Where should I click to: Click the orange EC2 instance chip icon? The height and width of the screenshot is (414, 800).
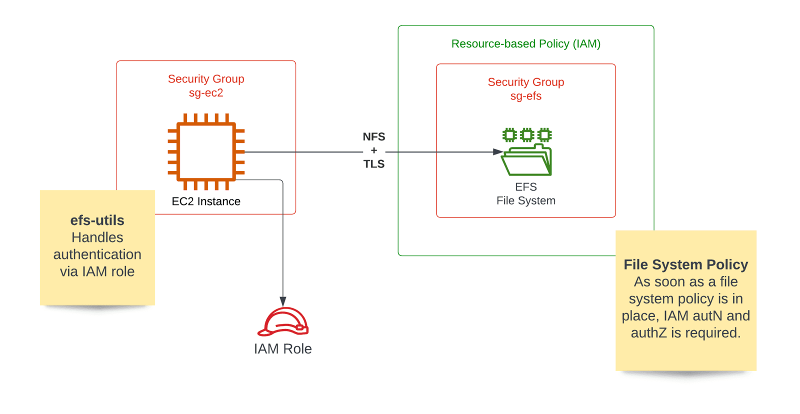click(x=206, y=151)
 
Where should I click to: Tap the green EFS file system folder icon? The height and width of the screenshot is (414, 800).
click(x=526, y=160)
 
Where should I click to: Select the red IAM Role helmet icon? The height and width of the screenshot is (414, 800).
click(x=283, y=321)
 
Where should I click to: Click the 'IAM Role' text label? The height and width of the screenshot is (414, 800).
click(x=282, y=348)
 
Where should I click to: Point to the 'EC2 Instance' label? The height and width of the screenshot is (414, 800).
click(x=206, y=201)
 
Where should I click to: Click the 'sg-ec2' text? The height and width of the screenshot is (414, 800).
click(x=206, y=93)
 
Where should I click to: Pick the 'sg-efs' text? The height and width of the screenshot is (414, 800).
click(x=525, y=96)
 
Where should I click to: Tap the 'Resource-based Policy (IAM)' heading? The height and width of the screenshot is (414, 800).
click(x=525, y=44)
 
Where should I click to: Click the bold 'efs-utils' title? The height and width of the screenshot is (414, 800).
click(x=97, y=220)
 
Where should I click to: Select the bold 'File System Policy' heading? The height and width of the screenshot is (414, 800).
click(x=685, y=264)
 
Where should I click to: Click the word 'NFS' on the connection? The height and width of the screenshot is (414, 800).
click(x=374, y=136)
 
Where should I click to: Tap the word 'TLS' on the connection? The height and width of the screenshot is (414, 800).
click(x=374, y=164)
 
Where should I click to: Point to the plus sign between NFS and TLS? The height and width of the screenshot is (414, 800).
click(x=374, y=150)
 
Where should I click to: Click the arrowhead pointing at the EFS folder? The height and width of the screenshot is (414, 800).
click(x=498, y=151)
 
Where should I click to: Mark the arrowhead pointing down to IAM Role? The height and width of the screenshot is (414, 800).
click(x=283, y=301)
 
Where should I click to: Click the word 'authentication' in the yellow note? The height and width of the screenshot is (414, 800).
click(x=97, y=254)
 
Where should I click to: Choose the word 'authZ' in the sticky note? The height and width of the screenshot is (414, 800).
click(x=648, y=333)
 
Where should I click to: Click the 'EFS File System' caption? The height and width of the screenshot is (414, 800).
click(x=525, y=193)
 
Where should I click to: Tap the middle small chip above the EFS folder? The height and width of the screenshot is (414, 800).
click(x=527, y=134)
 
